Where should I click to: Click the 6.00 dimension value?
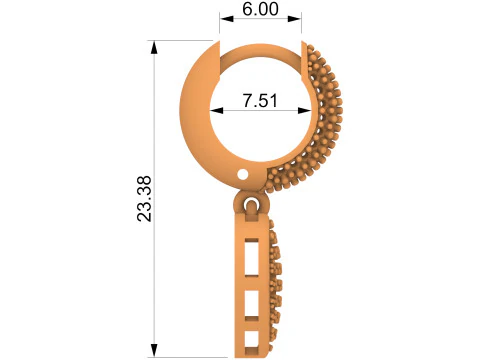pyautogui.click(x=260, y=9)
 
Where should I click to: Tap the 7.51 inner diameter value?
pyautogui.click(x=260, y=100)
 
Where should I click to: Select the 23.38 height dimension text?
pyautogui.click(x=144, y=199)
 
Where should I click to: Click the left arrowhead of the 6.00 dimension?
pyautogui.click(x=226, y=19)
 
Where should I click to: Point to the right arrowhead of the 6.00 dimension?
pyautogui.click(x=295, y=19)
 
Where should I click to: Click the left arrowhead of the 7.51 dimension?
pyautogui.click(x=216, y=110)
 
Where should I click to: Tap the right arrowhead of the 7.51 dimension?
pyautogui.click(x=304, y=110)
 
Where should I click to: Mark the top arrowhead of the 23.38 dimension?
pyautogui.click(x=154, y=47)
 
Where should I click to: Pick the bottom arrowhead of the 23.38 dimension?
pyautogui.click(x=154, y=351)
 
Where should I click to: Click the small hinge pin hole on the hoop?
pyautogui.click(x=243, y=174)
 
